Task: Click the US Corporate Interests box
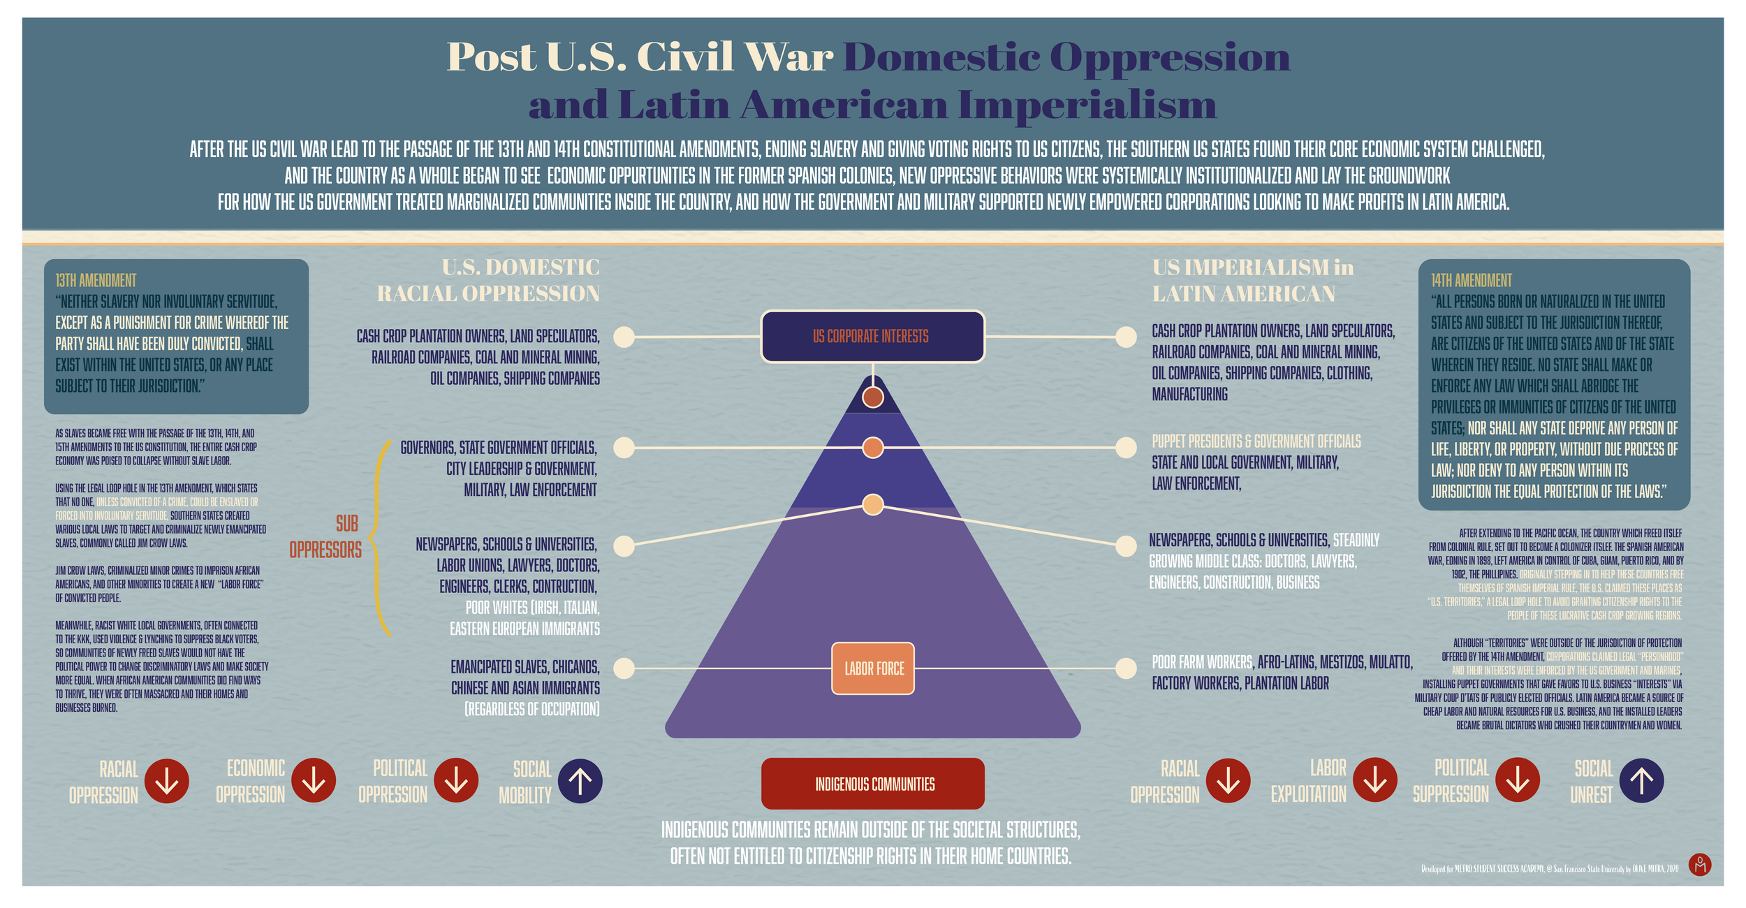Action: (x=872, y=337)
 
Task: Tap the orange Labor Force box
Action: (x=873, y=668)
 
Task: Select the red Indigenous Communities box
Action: (x=873, y=784)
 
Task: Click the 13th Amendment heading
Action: (x=96, y=281)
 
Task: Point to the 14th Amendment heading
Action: (x=1471, y=281)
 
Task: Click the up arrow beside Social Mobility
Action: (x=580, y=780)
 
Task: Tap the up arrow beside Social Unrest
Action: (x=1641, y=780)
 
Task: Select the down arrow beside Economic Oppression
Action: (x=314, y=780)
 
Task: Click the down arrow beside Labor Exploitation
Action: (x=1375, y=780)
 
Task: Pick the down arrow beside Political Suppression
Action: (x=1518, y=780)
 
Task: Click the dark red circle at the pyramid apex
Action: (x=873, y=397)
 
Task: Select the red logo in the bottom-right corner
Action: (x=1700, y=865)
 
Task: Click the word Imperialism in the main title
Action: (x=1087, y=105)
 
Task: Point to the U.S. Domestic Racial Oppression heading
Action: (x=489, y=280)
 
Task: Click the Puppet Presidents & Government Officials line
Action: (x=1256, y=441)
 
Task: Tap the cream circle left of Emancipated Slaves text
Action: (x=624, y=668)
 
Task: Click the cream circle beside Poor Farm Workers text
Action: (x=1126, y=668)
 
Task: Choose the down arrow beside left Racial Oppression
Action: (x=167, y=780)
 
